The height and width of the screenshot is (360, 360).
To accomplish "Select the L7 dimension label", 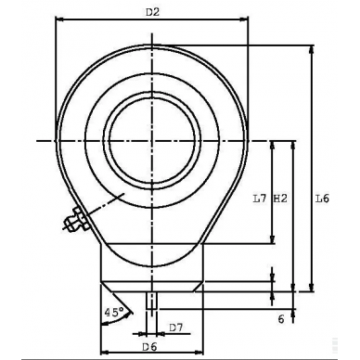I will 259,198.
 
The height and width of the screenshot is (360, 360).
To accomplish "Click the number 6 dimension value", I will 280,319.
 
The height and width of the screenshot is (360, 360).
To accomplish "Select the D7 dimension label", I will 175,326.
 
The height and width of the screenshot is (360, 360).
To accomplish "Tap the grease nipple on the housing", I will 72,222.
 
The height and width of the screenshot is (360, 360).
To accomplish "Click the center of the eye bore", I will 152,139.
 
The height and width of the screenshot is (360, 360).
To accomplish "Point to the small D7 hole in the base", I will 151,302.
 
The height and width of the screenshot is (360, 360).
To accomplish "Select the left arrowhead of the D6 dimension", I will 103,353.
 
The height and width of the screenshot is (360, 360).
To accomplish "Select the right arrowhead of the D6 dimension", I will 202,353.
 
